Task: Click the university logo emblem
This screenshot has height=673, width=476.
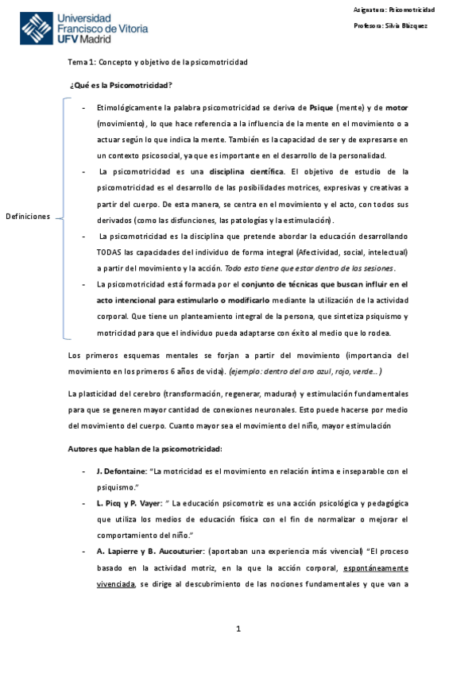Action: [37, 29]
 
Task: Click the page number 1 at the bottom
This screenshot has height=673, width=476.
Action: [238, 629]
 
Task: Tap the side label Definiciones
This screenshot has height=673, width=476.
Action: [28, 217]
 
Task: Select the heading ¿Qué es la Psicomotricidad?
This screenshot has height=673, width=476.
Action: [122, 85]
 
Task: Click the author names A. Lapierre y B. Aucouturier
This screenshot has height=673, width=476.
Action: [148, 551]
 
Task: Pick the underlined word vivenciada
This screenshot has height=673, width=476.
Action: [116, 583]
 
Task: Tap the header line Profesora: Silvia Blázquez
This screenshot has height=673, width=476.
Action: [391, 26]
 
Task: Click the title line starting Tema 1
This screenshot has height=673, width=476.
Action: [157, 62]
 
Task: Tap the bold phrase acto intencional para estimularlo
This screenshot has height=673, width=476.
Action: [172, 300]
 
